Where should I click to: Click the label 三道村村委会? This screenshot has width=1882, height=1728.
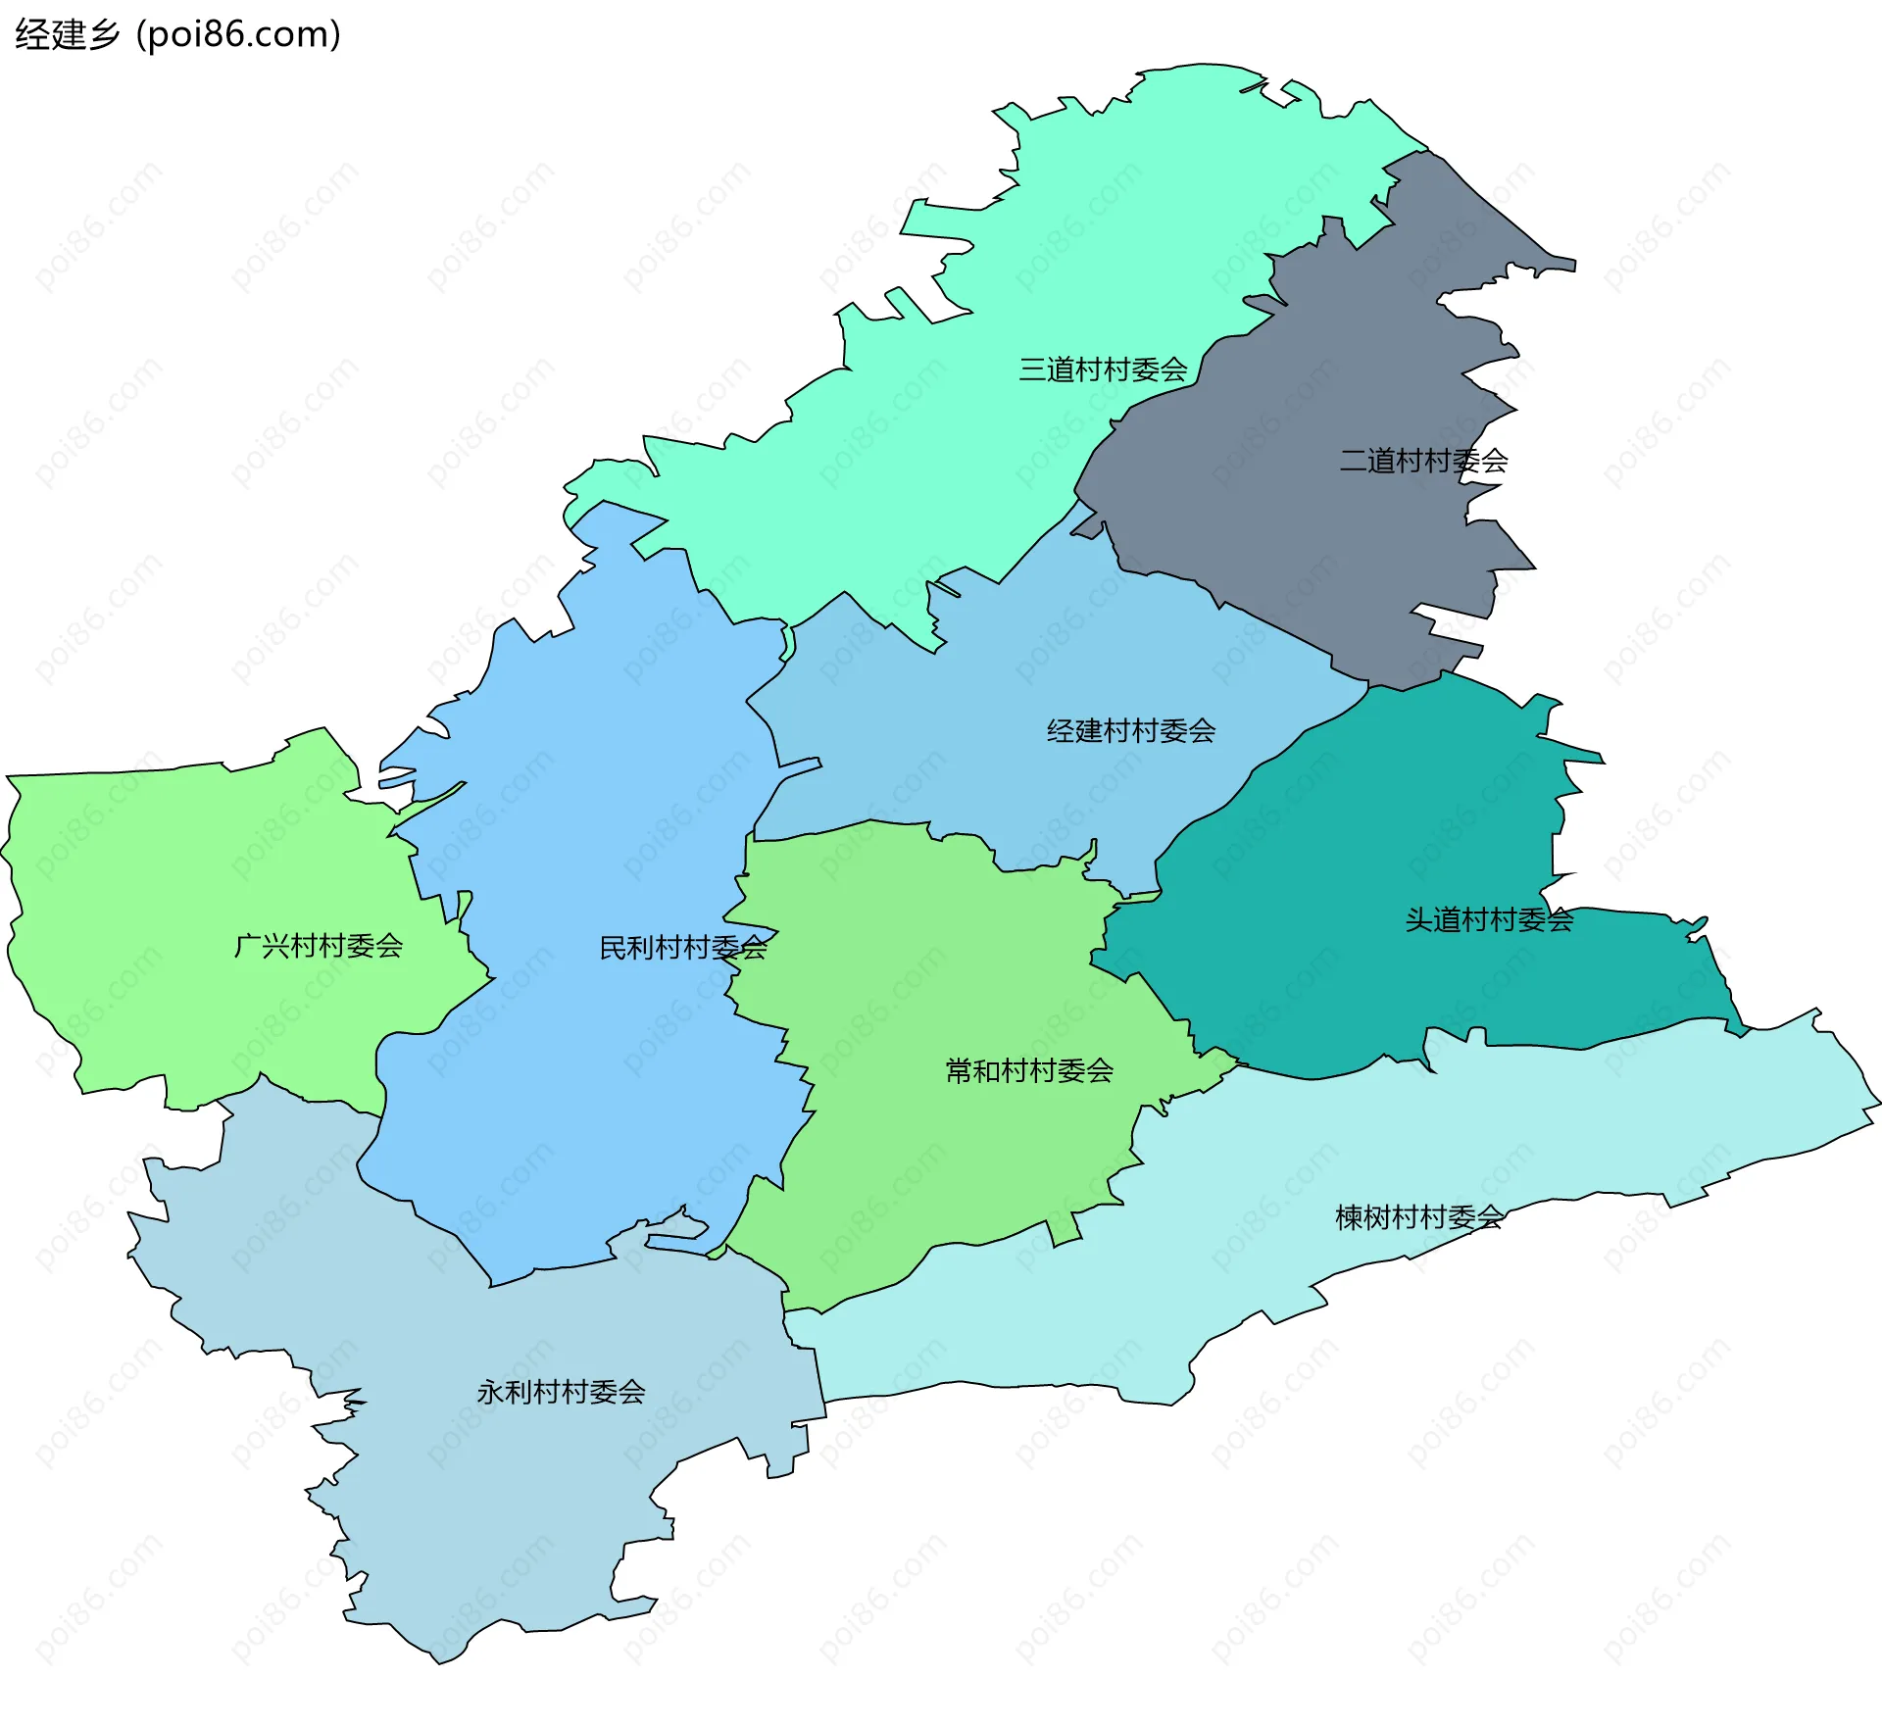tap(1103, 370)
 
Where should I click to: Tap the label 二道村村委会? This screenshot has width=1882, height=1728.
tap(1423, 461)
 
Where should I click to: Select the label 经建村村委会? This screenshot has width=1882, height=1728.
tap(1130, 730)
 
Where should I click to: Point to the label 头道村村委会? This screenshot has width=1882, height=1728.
tap(1488, 919)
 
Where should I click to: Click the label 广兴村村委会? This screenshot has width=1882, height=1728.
tap(319, 946)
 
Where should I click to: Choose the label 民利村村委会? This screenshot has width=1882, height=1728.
tap(682, 948)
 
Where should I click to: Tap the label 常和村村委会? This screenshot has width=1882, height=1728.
tap(1028, 1070)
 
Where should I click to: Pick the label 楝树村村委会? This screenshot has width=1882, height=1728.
tap(1418, 1217)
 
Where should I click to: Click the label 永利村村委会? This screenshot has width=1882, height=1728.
tap(561, 1392)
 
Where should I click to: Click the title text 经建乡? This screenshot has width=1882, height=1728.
tap(67, 34)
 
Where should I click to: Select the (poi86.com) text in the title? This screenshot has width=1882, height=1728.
tap(238, 34)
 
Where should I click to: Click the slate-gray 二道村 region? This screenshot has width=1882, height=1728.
tap(1323, 549)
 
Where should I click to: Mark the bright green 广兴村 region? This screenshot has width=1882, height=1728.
tap(196, 863)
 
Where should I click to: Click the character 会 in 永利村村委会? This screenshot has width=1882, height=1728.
tap(631, 1392)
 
